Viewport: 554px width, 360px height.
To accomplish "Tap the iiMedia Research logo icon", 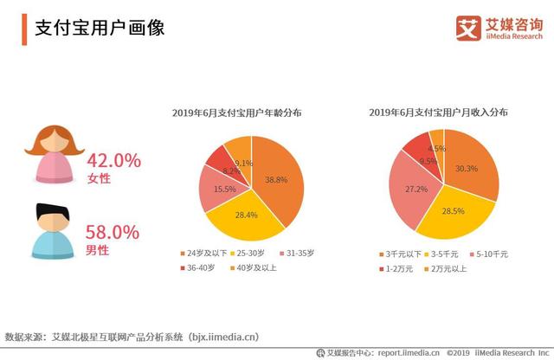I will pyautogui.click(x=468, y=28).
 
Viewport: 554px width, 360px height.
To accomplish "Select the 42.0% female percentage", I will pyautogui.click(x=113, y=160).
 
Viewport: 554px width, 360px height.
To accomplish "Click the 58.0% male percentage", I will pyautogui.click(x=113, y=232).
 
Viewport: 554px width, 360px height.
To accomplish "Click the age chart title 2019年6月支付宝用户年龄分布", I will pyautogui.click(x=242, y=112).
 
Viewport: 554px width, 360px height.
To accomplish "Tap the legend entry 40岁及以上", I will pyautogui.click(x=256, y=267).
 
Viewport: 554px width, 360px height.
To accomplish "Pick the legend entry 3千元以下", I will pyautogui.click(x=403, y=254).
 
